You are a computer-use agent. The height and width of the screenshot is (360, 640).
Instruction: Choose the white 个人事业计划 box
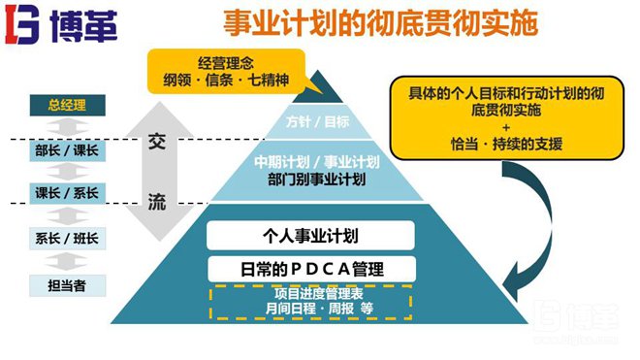pos(311,235)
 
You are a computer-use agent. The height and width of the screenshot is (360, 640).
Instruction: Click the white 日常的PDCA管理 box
pos(311,268)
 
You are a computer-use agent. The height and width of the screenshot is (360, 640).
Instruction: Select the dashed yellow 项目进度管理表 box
pos(311,301)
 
